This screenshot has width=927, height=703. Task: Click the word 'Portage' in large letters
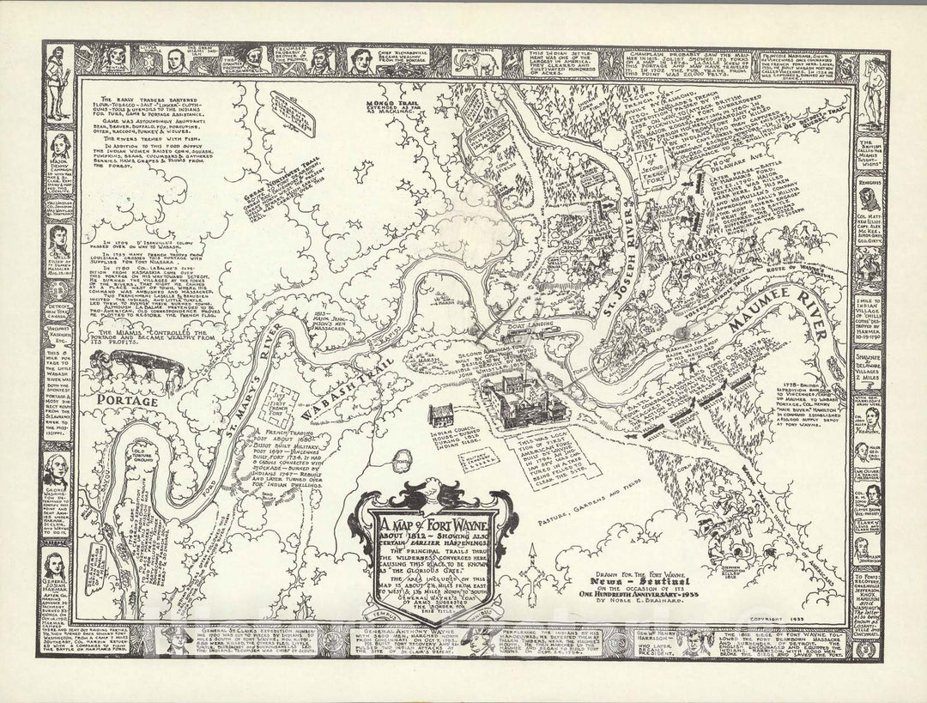[x=126, y=401]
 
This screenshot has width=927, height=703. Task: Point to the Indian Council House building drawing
[x=441, y=415]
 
